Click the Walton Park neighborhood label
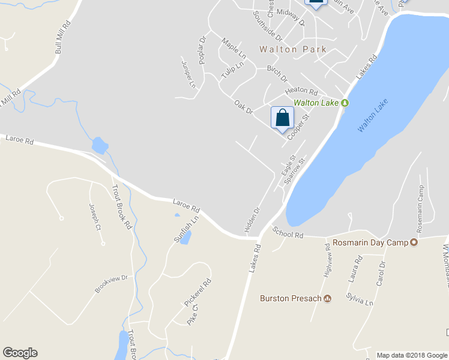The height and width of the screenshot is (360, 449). pyautogui.click(x=293, y=49)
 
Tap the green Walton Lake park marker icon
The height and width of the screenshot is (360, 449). pyautogui.click(x=345, y=103)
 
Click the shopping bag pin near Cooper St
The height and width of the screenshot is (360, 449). pyautogui.click(x=282, y=118)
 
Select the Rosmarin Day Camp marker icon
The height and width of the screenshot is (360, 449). pyautogui.click(x=414, y=242)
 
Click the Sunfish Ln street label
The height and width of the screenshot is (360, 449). pyautogui.click(x=186, y=229)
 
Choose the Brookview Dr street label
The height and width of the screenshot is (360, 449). pyautogui.click(x=112, y=284)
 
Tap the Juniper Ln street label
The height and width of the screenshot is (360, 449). pyautogui.click(x=188, y=73)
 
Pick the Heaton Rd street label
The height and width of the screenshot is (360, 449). pyautogui.click(x=301, y=91)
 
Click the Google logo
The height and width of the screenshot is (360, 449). pyautogui.click(x=20, y=353)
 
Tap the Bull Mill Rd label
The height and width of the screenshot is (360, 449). pyautogui.click(x=62, y=37)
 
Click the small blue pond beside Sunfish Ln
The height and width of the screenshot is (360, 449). pyautogui.click(x=185, y=238)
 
